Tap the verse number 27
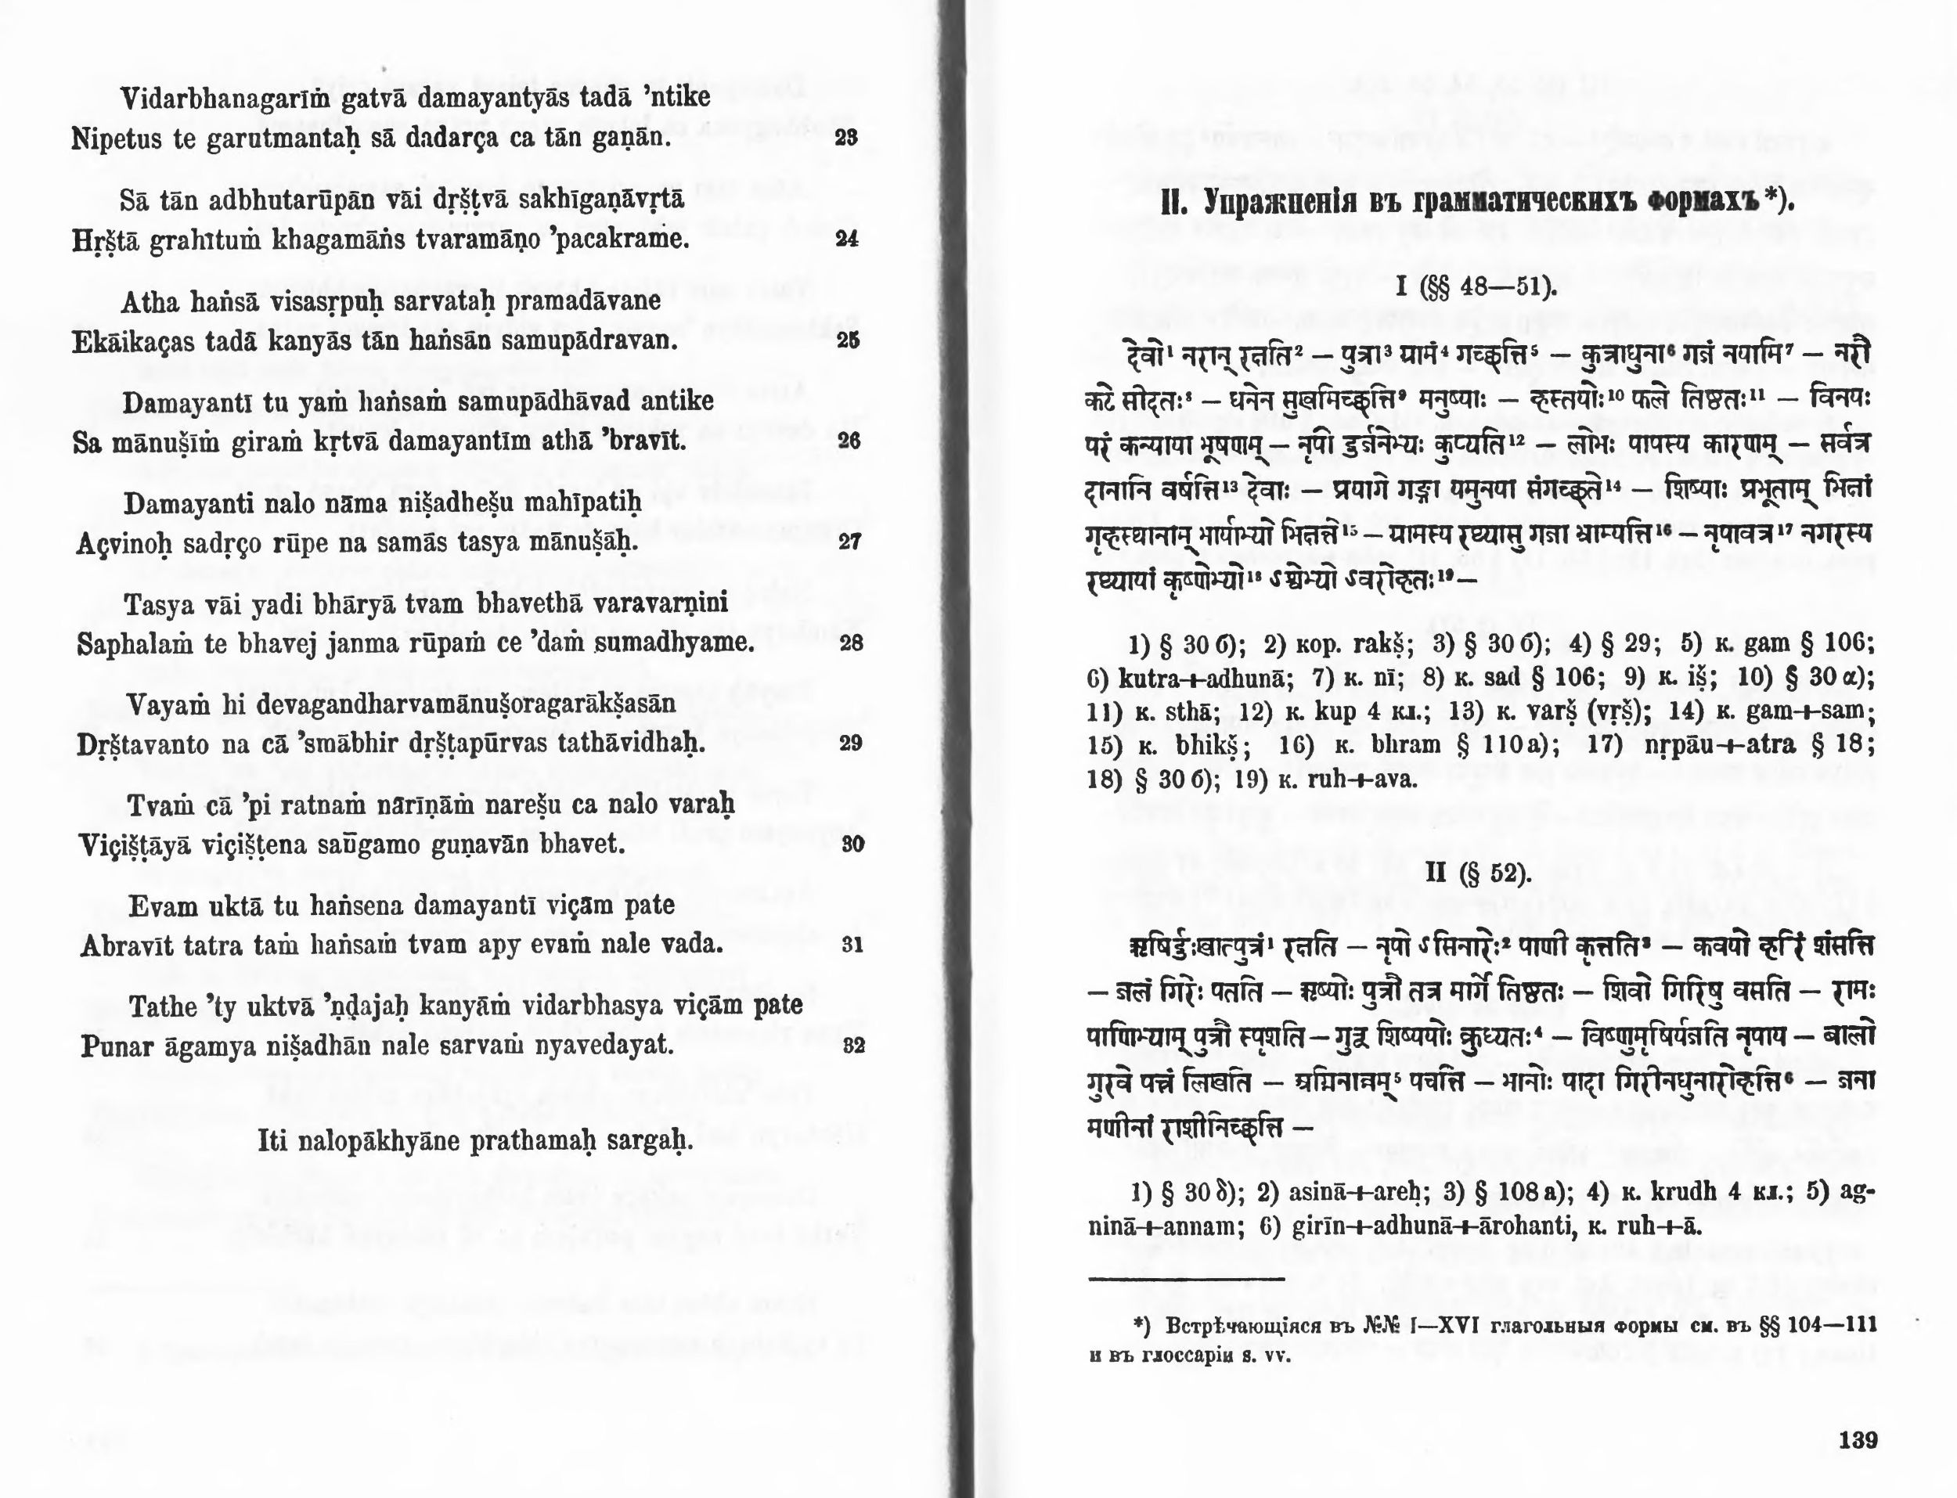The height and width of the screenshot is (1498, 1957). (849, 542)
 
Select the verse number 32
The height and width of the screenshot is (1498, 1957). (853, 1046)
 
